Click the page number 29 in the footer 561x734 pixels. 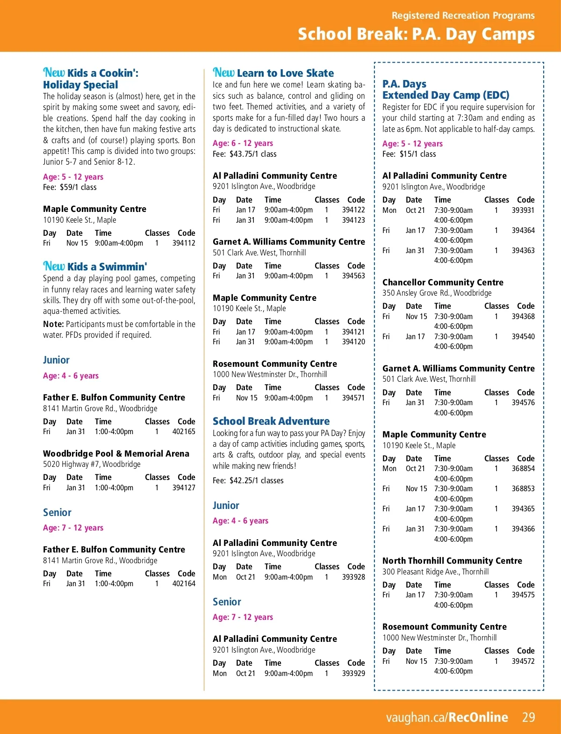pyautogui.click(x=528, y=717)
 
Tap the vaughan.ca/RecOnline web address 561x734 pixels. pyautogui.click(x=446, y=717)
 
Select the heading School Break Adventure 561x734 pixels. pyautogui.click(x=271, y=421)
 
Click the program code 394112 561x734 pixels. pyautogui.click(x=184, y=243)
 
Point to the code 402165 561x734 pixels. pyautogui.click(x=184, y=432)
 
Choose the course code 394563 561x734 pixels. pyautogui.click(x=353, y=276)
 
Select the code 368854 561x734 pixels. pyautogui.click(x=523, y=469)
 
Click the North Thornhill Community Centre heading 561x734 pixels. pyautogui.click(x=452, y=560)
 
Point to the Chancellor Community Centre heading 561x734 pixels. pyautogui.click(x=443, y=282)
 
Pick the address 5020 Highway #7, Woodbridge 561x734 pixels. pyautogui.click(x=92, y=464)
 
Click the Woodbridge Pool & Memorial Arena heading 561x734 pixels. pyautogui.click(x=116, y=453)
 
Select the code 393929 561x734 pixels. pyautogui.click(x=353, y=674)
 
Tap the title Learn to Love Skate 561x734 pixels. pyautogui.click(x=285, y=73)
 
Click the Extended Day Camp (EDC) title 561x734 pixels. pyautogui.click(x=446, y=95)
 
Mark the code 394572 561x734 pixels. pyautogui.click(x=523, y=661)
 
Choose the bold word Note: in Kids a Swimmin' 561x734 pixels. pyautogui.click(x=53, y=324)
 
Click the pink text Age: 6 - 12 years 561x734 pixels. pyautogui.click(x=243, y=143)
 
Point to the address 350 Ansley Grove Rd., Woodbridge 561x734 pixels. pyautogui.click(x=437, y=293)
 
